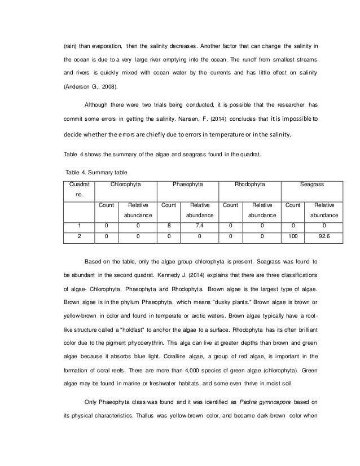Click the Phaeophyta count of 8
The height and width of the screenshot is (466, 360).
coord(169,226)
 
